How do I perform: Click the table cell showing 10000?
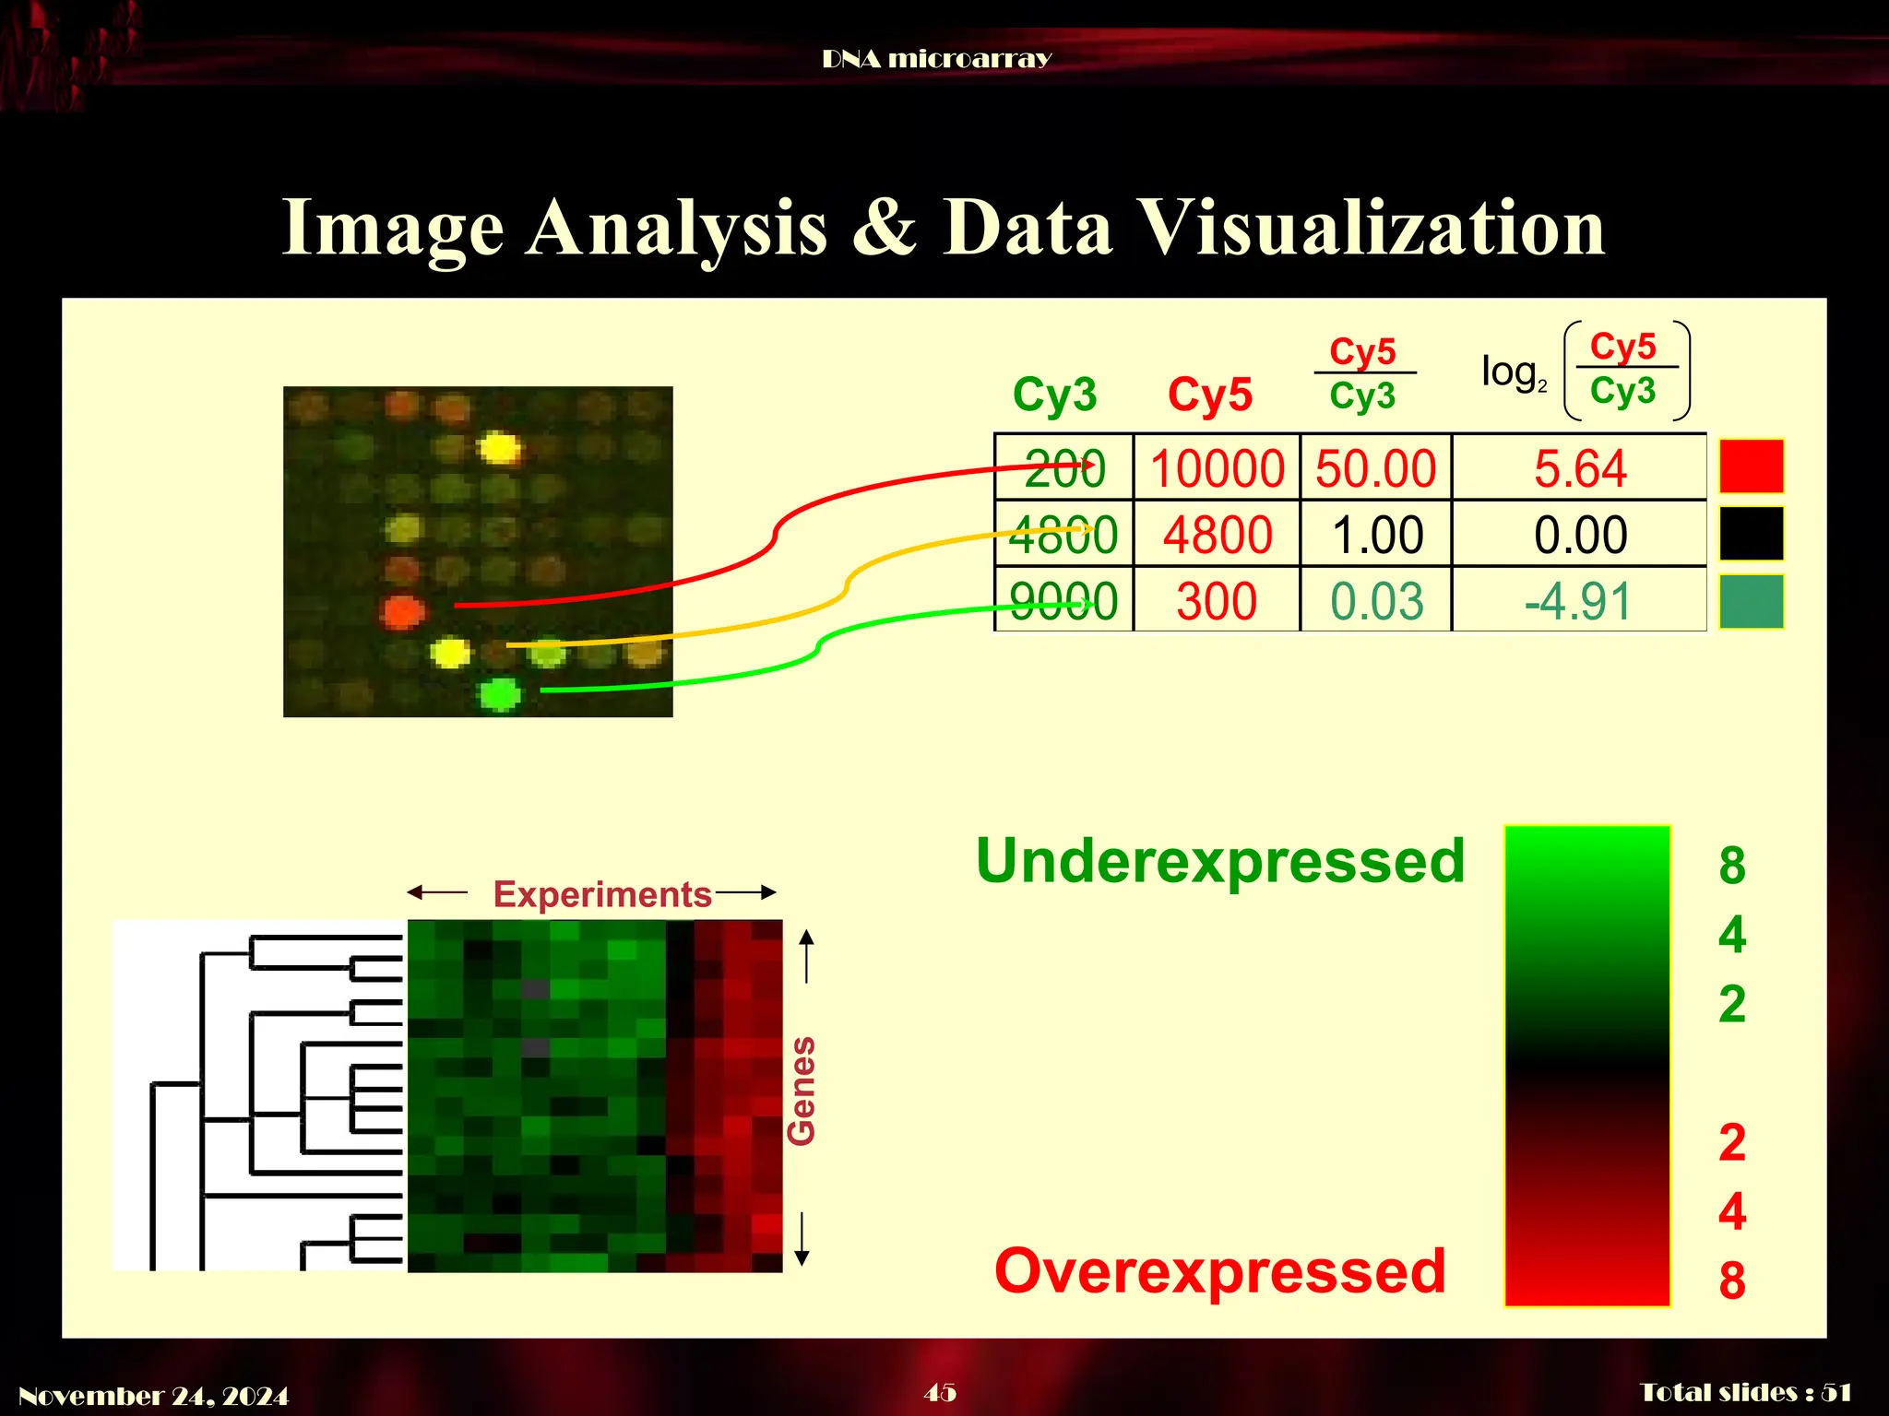point(1217,468)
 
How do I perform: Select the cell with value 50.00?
point(1375,468)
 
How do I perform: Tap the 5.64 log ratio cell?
point(1580,468)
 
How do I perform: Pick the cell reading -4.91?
point(1578,601)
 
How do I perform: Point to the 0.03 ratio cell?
point(1376,601)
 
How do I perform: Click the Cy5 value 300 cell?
point(1217,601)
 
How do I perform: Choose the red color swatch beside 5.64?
point(1751,466)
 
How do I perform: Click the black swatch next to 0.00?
point(1751,534)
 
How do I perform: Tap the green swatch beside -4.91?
point(1751,601)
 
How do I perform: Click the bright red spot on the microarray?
point(402,611)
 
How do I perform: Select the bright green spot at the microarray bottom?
point(500,692)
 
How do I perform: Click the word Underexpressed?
point(1219,861)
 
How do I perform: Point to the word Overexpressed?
point(1219,1271)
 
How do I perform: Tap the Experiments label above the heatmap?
point(601,894)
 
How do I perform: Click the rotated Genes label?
point(802,1091)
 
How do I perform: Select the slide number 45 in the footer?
point(940,1392)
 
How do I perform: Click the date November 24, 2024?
point(153,1396)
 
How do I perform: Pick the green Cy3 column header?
point(1054,395)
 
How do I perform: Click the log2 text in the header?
point(1513,372)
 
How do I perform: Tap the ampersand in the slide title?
point(883,227)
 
